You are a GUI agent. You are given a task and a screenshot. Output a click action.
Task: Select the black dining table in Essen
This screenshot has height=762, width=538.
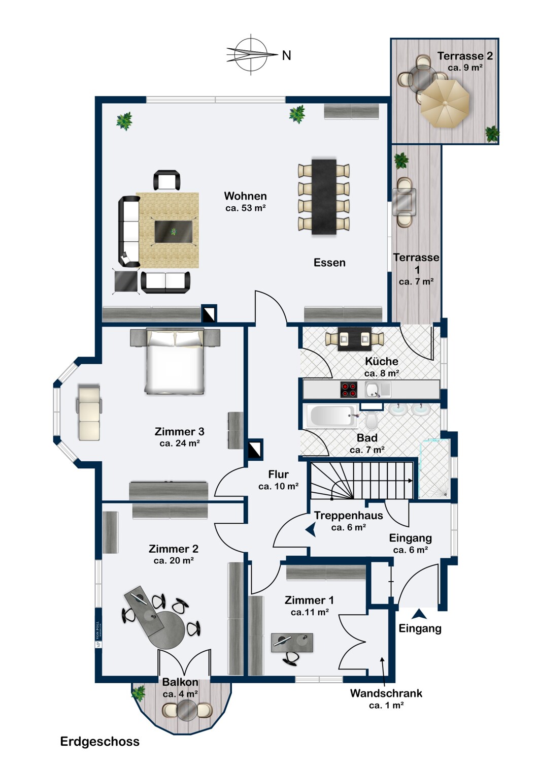pos(324,197)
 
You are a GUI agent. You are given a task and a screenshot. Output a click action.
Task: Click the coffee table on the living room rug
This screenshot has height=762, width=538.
pos(173,232)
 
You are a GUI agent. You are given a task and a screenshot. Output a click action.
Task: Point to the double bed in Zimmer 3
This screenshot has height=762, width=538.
pos(175,361)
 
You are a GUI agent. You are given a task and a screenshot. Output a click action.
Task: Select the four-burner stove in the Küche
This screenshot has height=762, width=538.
pos(349,390)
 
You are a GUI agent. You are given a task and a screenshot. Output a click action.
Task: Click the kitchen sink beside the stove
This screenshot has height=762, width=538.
pos(373,390)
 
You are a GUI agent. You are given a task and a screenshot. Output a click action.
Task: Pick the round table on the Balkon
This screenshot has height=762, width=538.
pos(187,710)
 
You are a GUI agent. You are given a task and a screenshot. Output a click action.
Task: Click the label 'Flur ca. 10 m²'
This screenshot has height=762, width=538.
pos(278,480)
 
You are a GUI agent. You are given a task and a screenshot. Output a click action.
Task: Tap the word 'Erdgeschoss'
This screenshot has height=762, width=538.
pos(99,742)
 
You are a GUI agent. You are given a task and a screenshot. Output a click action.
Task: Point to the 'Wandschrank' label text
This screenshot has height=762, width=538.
pos(386,693)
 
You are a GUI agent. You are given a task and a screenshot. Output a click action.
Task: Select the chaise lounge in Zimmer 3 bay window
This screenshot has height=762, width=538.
pos(89,411)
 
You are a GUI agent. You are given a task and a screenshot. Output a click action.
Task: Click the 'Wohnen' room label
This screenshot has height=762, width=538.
pos(245,196)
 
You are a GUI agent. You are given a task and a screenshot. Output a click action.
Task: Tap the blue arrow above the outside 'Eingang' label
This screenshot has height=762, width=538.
pos(419,614)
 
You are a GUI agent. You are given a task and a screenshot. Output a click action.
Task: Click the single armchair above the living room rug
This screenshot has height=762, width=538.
pos(166,180)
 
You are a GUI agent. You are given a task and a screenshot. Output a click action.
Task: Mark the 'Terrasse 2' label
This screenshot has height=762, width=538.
pos(465,56)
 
